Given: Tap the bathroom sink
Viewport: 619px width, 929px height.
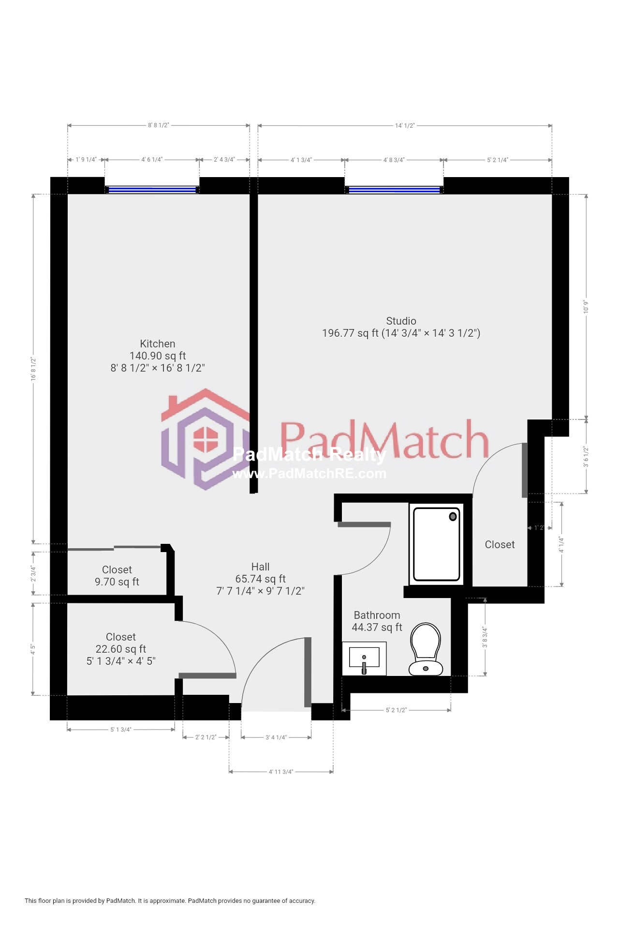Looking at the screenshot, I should pyautogui.click(x=364, y=659).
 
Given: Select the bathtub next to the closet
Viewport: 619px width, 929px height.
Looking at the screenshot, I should pyautogui.click(x=436, y=543).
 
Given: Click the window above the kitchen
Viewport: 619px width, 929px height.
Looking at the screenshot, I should pyautogui.click(x=152, y=190).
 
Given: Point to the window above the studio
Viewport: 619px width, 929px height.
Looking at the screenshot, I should pyautogui.click(x=394, y=190).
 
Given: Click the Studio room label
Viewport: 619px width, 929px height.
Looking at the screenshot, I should pyautogui.click(x=401, y=321).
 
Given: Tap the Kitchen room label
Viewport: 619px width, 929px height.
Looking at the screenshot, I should pyautogui.click(x=158, y=344).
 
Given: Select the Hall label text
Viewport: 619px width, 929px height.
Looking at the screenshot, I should pyautogui.click(x=260, y=567).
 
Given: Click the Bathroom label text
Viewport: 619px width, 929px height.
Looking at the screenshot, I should pyautogui.click(x=377, y=615).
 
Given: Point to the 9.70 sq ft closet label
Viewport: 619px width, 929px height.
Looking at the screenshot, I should pyautogui.click(x=117, y=576).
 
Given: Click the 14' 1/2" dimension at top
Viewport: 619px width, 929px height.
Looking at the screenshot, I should pyautogui.click(x=405, y=126).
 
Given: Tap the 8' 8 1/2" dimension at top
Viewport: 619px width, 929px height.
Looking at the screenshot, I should pyautogui.click(x=159, y=125).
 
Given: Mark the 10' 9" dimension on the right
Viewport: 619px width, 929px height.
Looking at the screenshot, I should pyautogui.click(x=586, y=306).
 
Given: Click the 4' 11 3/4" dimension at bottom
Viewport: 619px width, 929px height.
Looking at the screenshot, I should pyautogui.click(x=281, y=772).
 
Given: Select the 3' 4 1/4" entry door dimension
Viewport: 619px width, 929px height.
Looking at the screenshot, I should pyautogui.click(x=276, y=737).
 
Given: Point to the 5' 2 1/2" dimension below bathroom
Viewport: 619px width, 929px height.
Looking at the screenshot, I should pyautogui.click(x=396, y=710).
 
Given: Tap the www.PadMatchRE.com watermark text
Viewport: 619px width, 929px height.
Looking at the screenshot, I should pyautogui.click(x=309, y=474).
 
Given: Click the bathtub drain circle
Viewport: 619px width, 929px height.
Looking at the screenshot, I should pyautogui.click(x=453, y=516).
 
